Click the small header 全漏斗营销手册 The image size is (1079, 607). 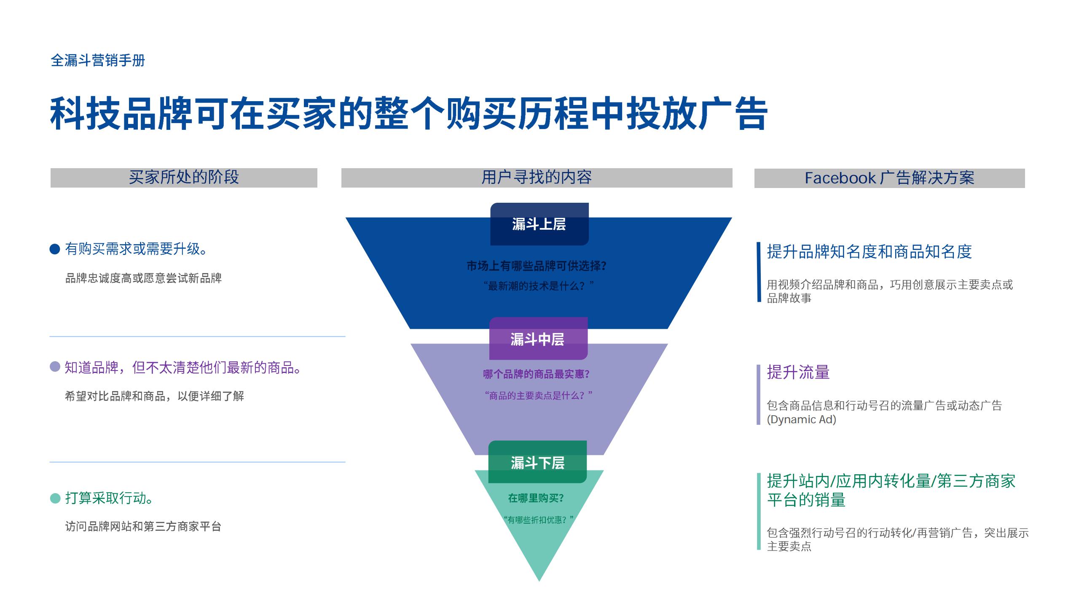point(98,61)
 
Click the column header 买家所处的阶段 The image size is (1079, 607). point(184,177)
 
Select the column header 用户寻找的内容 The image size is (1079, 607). point(537,177)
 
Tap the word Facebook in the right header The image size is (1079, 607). point(840,178)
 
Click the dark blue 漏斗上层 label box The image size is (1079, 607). point(539,224)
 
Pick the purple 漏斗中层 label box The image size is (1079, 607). point(538,339)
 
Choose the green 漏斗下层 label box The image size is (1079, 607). point(537,462)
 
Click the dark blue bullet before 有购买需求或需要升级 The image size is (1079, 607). point(55,249)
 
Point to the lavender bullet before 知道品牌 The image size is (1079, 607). point(55,367)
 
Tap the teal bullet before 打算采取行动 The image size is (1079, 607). point(55,498)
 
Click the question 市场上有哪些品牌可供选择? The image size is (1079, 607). point(537,266)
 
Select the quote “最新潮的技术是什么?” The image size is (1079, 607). point(538,286)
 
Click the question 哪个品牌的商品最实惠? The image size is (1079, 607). point(536,374)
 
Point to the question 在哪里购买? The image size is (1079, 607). point(536,498)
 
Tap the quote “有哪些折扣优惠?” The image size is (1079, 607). point(538,520)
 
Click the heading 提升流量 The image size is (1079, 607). point(798,373)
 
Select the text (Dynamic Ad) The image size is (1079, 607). point(801,419)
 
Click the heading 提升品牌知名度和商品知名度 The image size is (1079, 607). point(869,252)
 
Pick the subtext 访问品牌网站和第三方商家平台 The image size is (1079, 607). point(143,526)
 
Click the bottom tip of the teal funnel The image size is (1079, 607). point(539,579)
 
